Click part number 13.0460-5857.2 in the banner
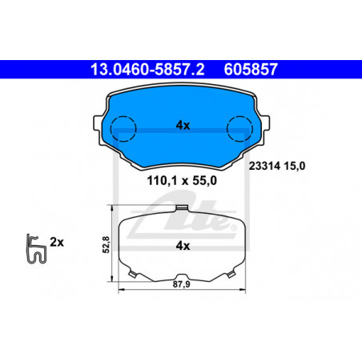point(147,70)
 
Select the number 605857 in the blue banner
point(251,70)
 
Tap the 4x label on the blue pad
point(183,125)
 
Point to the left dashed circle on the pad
point(123,129)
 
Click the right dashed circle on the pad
point(239,129)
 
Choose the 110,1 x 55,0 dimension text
point(182,181)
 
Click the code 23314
point(264,166)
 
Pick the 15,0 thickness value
point(294,167)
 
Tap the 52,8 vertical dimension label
point(107,244)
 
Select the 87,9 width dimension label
point(181,284)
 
